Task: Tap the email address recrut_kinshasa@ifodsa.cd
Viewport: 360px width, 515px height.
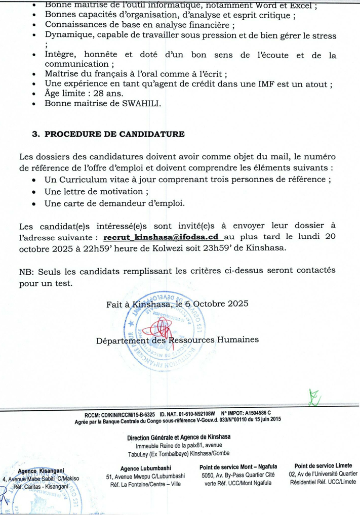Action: pos(163,237)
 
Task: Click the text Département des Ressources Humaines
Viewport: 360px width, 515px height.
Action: pos(177,340)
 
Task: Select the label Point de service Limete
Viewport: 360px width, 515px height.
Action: pos(323,465)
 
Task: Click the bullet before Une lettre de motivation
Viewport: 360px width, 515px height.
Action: pos(33,192)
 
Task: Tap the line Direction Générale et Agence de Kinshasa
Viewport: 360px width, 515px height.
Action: pos(180,437)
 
